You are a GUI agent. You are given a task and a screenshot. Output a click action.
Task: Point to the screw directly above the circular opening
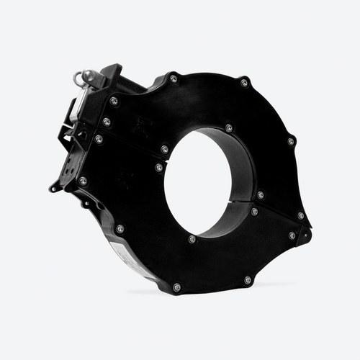[x=229, y=128]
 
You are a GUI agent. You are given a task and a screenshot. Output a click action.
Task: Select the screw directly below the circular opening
[x=192, y=238]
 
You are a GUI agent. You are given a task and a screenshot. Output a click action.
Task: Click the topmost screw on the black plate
[x=174, y=78]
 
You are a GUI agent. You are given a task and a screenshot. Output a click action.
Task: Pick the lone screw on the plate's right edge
[x=291, y=141]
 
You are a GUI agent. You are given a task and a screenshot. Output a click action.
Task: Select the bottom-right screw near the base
[x=248, y=279]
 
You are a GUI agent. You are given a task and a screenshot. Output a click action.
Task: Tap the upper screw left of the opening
[x=164, y=149]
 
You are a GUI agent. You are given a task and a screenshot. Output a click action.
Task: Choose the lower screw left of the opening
[x=159, y=167]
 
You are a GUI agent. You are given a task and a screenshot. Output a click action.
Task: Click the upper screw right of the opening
[x=261, y=194]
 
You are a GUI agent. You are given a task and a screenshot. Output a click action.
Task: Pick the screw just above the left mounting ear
[x=83, y=181]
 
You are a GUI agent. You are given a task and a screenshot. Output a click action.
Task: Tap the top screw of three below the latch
[x=114, y=100]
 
